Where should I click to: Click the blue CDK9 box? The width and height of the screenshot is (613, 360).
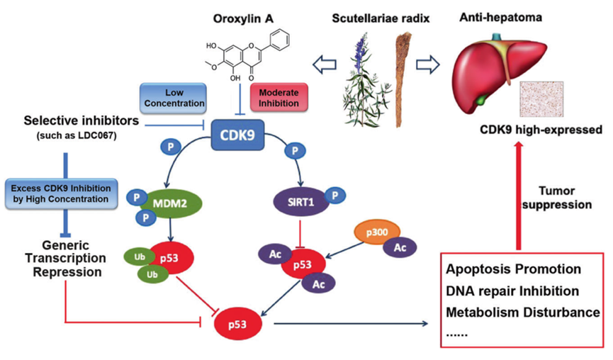[x=242, y=134]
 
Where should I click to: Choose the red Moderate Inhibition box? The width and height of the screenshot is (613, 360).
[x=279, y=98]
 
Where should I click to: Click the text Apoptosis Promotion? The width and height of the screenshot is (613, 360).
[x=514, y=269]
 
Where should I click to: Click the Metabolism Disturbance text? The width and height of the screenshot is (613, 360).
[x=523, y=312]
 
